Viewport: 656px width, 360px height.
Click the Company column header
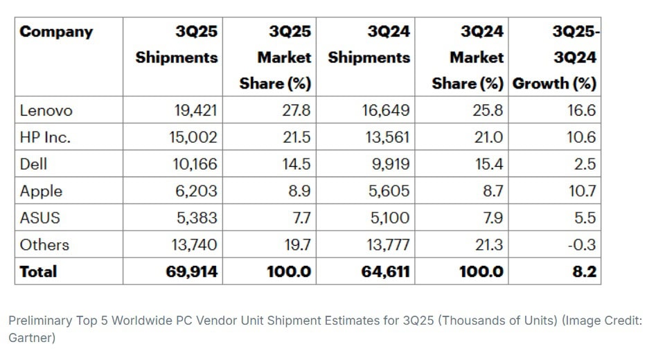56,32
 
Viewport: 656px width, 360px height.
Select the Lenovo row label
46,111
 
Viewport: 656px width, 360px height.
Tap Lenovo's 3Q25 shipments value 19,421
193,111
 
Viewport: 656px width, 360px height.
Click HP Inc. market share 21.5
296,138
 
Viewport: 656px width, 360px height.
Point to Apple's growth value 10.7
580,191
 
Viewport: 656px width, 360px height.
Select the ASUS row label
40,218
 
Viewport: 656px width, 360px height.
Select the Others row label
45,245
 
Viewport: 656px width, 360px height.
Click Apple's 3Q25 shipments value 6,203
197,191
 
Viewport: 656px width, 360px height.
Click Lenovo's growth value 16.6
580,111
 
